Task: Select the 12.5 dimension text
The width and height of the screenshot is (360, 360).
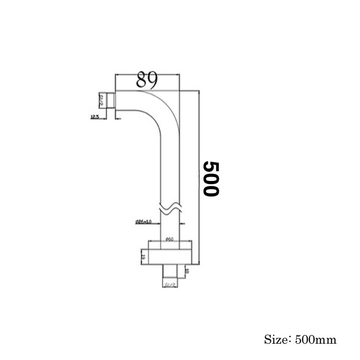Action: coord(94,117)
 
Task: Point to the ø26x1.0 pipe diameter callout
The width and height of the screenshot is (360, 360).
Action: coord(144,222)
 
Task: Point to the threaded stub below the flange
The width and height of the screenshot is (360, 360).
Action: coord(170,271)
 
